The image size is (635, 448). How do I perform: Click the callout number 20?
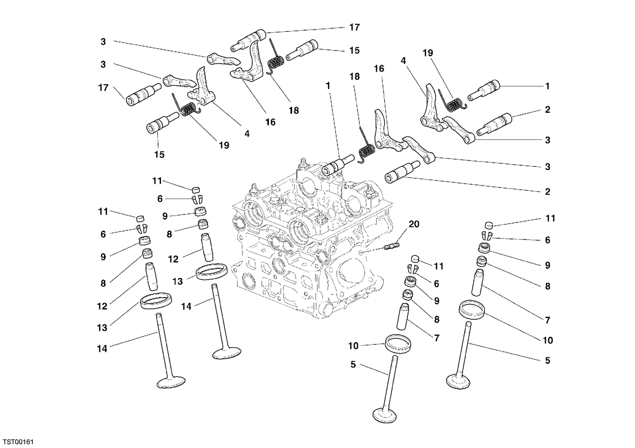click(x=414, y=224)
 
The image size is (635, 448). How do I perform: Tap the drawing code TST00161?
click(x=19, y=442)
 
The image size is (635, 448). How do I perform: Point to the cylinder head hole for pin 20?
click(x=360, y=252)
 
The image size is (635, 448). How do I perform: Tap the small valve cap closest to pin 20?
click(x=415, y=259)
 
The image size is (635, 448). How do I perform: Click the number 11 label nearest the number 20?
click(x=439, y=266)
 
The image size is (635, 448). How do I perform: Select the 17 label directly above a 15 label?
click(x=355, y=27)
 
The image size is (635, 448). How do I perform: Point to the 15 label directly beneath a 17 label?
click(x=355, y=50)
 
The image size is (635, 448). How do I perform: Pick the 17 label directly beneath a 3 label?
click(x=103, y=88)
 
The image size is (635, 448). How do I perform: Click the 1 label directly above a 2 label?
click(x=547, y=86)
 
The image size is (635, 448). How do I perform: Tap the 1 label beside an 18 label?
click(x=328, y=85)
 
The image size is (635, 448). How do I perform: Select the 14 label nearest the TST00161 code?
click(x=102, y=348)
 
